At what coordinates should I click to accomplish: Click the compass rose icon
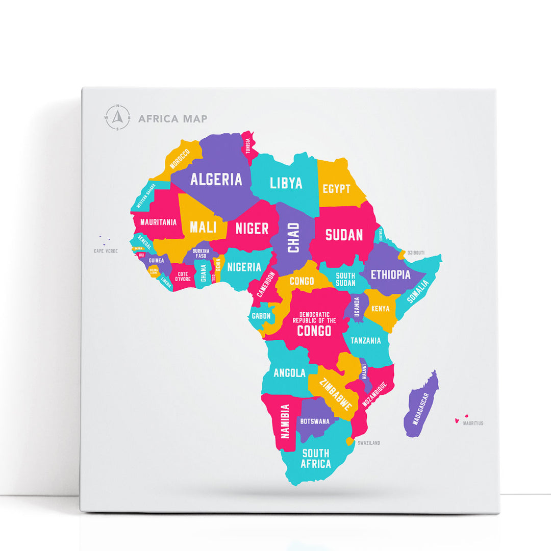[x=118, y=118]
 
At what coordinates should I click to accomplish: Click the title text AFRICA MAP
[x=173, y=119]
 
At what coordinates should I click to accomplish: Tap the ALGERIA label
[x=216, y=179]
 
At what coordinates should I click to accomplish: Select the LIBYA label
[x=286, y=183]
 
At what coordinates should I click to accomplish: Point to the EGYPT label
[x=337, y=189]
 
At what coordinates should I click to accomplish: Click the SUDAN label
[x=344, y=235]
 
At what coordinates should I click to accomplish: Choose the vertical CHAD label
[x=293, y=237]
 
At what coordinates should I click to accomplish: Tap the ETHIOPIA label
[x=391, y=274]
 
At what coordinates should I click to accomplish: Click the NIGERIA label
[x=244, y=267]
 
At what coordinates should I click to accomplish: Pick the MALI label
[x=203, y=227]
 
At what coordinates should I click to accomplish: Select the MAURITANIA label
[x=158, y=222]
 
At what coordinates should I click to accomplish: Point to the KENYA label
[x=381, y=309]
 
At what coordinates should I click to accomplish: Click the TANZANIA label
[x=365, y=340]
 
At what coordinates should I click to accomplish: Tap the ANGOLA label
[x=289, y=372]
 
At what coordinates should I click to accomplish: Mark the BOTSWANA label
[x=315, y=421]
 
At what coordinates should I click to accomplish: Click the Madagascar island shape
[x=421, y=406]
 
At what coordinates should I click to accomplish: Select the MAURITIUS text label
[x=473, y=423]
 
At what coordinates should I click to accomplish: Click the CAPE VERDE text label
[x=106, y=251]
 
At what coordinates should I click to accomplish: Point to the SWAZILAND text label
[x=368, y=443]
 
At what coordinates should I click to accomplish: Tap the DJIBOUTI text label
[x=416, y=253]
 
